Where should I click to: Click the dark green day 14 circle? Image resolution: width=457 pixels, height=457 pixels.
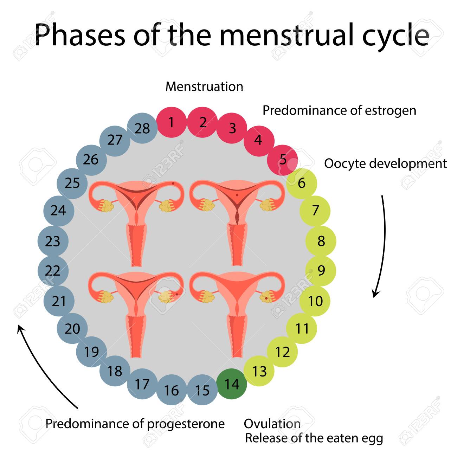(232, 384)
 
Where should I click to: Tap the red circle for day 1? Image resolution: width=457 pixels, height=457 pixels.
(171, 122)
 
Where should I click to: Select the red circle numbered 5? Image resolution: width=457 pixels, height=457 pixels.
(283, 160)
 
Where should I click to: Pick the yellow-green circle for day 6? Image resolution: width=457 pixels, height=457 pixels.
(302, 183)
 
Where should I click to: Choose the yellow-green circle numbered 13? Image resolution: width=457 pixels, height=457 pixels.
(259, 371)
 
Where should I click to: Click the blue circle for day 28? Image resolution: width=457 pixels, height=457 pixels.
(142, 128)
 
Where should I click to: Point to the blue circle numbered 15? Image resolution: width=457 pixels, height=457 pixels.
(202, 390)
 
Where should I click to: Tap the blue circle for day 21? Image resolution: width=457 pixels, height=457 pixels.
(59, 301)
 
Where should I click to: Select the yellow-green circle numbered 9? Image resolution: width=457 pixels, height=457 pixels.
(321, 271)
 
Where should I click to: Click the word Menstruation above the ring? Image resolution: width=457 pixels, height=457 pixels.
(204, 86)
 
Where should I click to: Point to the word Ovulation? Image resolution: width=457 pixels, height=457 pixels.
(272, 424)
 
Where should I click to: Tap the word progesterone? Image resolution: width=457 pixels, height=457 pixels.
(186, 424)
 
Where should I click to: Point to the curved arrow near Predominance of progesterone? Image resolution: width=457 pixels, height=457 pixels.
(46, 366)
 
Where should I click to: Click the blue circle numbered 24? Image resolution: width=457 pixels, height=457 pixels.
(58, 211)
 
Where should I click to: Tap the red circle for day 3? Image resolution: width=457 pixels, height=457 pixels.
(232, 128)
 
